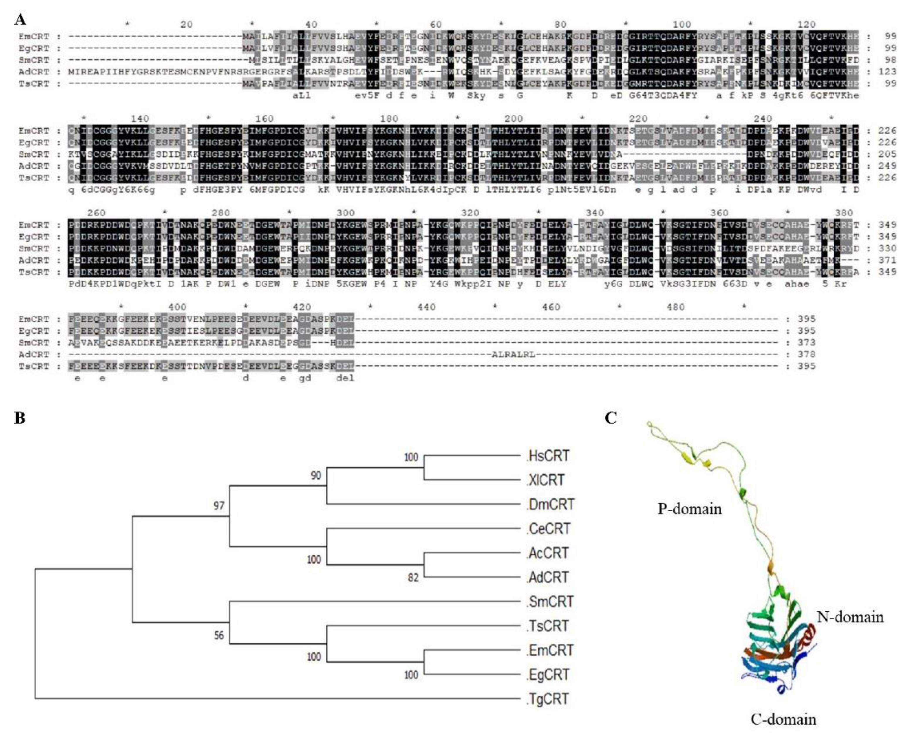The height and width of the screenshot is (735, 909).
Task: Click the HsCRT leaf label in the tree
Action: [x=549, y=456]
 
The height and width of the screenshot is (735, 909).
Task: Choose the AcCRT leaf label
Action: [x=548, y=553]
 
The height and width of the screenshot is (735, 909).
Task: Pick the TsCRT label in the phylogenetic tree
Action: [x=548, y=626]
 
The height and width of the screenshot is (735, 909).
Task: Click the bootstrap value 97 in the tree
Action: [x=219, y=505]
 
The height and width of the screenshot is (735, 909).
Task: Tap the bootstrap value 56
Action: [x=219, y=635]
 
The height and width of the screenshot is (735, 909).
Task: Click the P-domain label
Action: [x=689, y=508]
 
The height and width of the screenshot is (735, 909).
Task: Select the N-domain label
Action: [x=850, y=617]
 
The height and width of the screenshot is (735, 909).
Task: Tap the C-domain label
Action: [x=783, y=719]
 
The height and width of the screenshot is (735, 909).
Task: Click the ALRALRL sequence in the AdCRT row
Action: [x=513, y=354]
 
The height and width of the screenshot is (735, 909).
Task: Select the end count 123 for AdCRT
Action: [x=887, y=72]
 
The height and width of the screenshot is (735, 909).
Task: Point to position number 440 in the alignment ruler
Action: [x=426, y=307]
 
